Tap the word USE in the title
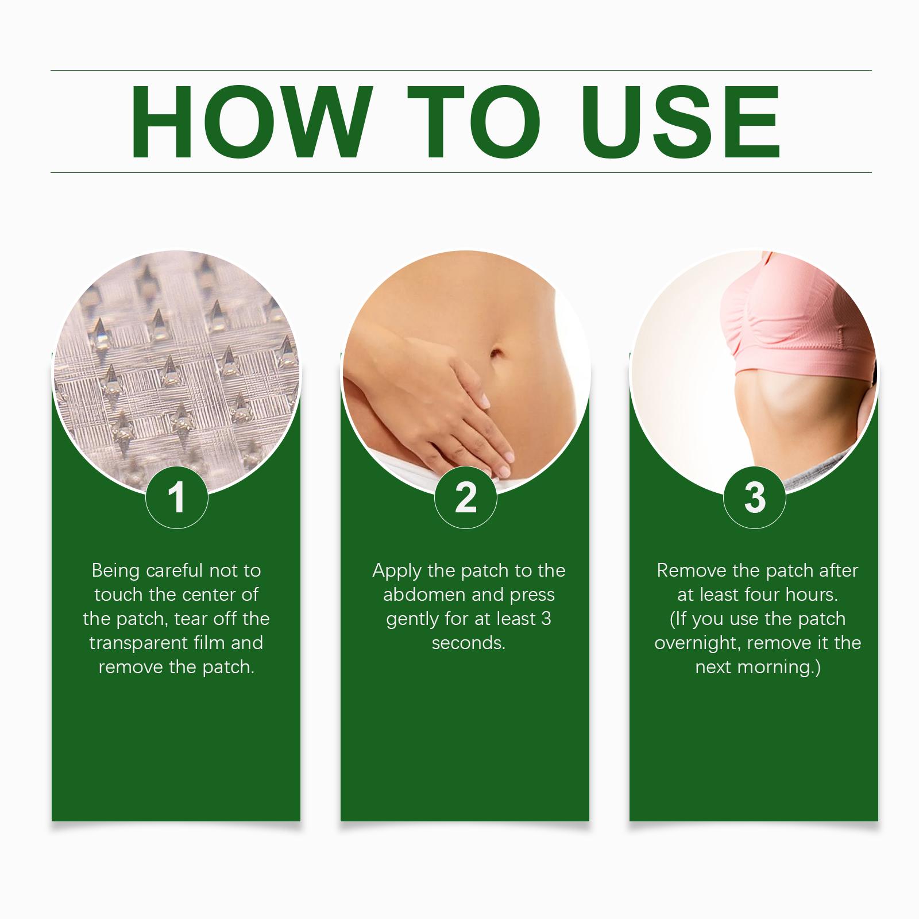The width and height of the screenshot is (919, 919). [x=681, y=121]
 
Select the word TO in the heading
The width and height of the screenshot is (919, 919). [x=474, y=121]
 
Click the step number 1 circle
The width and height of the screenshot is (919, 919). [x=177, y=497]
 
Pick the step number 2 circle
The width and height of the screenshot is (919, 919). [x=466, y=497]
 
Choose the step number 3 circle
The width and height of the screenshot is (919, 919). [x=755, y=497]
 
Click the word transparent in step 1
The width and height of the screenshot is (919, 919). [x=139, y=643]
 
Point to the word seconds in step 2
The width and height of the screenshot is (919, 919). [x=469, y=643]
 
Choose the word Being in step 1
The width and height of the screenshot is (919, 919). [x=116, y=571]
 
